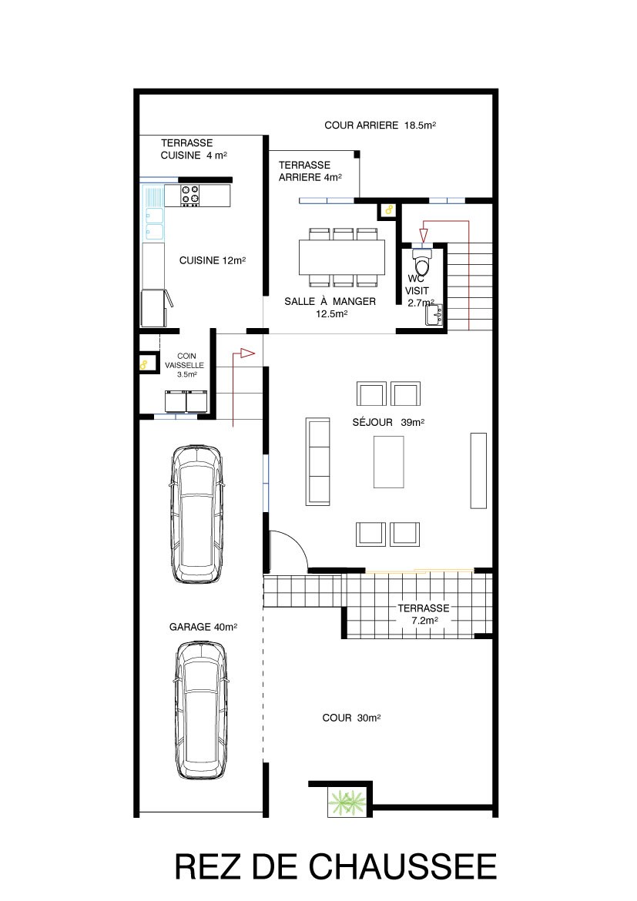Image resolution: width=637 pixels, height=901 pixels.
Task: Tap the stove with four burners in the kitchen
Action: click(x=190, y=196)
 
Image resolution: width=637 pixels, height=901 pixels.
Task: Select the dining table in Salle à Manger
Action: click(x=341, y=257)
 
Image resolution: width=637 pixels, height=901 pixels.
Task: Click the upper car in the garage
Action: click(x=196, y=514)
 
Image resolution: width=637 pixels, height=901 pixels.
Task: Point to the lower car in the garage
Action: click(x=200, y=710)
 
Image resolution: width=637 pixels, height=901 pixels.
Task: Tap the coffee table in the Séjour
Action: click(x=389, y=462)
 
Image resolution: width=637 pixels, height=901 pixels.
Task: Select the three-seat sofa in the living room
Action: click(x=318, y=461)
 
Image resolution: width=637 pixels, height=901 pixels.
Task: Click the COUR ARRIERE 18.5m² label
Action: click(x=380, y=125)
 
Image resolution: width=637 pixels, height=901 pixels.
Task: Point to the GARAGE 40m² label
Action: click(x=203, y=627)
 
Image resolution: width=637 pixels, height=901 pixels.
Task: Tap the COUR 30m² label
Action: click(x=351, y=718)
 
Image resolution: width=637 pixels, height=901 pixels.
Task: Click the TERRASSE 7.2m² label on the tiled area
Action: click(x=424, y=615)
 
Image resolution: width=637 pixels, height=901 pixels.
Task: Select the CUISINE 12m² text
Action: click(x=212, y=260)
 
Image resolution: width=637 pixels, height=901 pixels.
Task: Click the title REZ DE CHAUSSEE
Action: click(x=336, y=866)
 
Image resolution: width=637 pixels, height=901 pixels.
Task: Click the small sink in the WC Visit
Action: click(x=434, y=315)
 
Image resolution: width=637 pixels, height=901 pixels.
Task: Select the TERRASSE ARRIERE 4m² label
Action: click(x=310, y=171)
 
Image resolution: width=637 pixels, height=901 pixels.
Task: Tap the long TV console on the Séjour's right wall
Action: click(x=478, y=471)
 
